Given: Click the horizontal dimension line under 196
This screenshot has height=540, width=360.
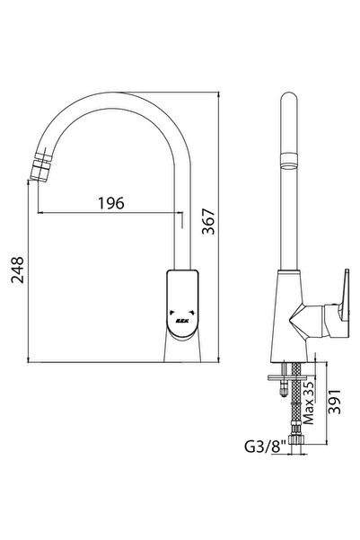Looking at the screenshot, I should point(108,214).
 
